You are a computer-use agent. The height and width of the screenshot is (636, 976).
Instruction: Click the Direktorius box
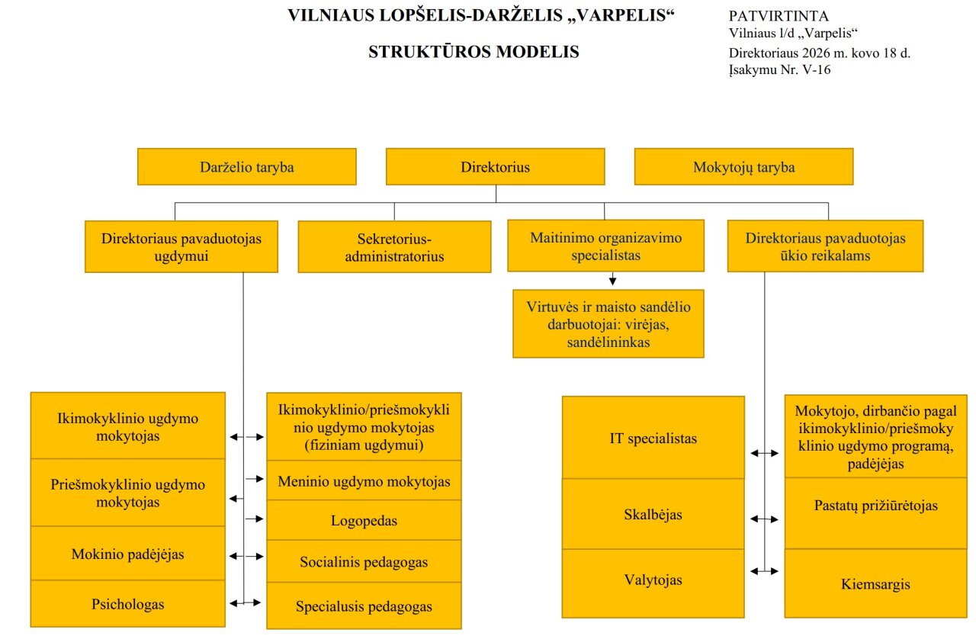tap(495, 167)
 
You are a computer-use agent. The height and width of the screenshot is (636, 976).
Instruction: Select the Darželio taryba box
tap(246, 167)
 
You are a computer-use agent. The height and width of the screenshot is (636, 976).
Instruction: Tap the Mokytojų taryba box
tap(743, 167)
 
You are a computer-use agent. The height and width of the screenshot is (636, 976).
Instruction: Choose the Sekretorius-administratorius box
tap(394, 247)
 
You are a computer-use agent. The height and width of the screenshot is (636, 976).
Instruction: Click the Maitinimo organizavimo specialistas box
tap(605, 246)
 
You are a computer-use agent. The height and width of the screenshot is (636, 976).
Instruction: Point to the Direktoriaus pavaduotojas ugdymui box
tap(181, 247)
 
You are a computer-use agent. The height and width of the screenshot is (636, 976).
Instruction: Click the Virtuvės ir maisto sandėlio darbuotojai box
tap(608, 324)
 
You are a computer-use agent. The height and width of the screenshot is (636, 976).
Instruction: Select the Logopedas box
tap(364, 522)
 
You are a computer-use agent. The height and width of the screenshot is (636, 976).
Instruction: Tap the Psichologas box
tap(128, 605)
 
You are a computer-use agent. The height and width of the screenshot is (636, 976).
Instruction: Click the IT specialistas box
tap(653, 438)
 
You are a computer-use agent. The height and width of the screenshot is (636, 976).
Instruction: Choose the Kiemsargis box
tap(875, 585)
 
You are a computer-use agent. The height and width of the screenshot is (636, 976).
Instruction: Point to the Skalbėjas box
tap(653, 514)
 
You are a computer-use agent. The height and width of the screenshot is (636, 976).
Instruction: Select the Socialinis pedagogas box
tap(364, 563)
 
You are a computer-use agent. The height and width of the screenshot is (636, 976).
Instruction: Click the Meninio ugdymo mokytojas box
tap(364, 482)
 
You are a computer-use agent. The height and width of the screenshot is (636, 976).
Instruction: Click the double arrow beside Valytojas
tap(764, 570)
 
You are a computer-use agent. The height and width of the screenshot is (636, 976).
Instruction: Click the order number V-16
tap(814, 69)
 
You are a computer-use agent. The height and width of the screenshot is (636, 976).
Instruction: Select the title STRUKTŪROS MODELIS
tap(474, 52)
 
